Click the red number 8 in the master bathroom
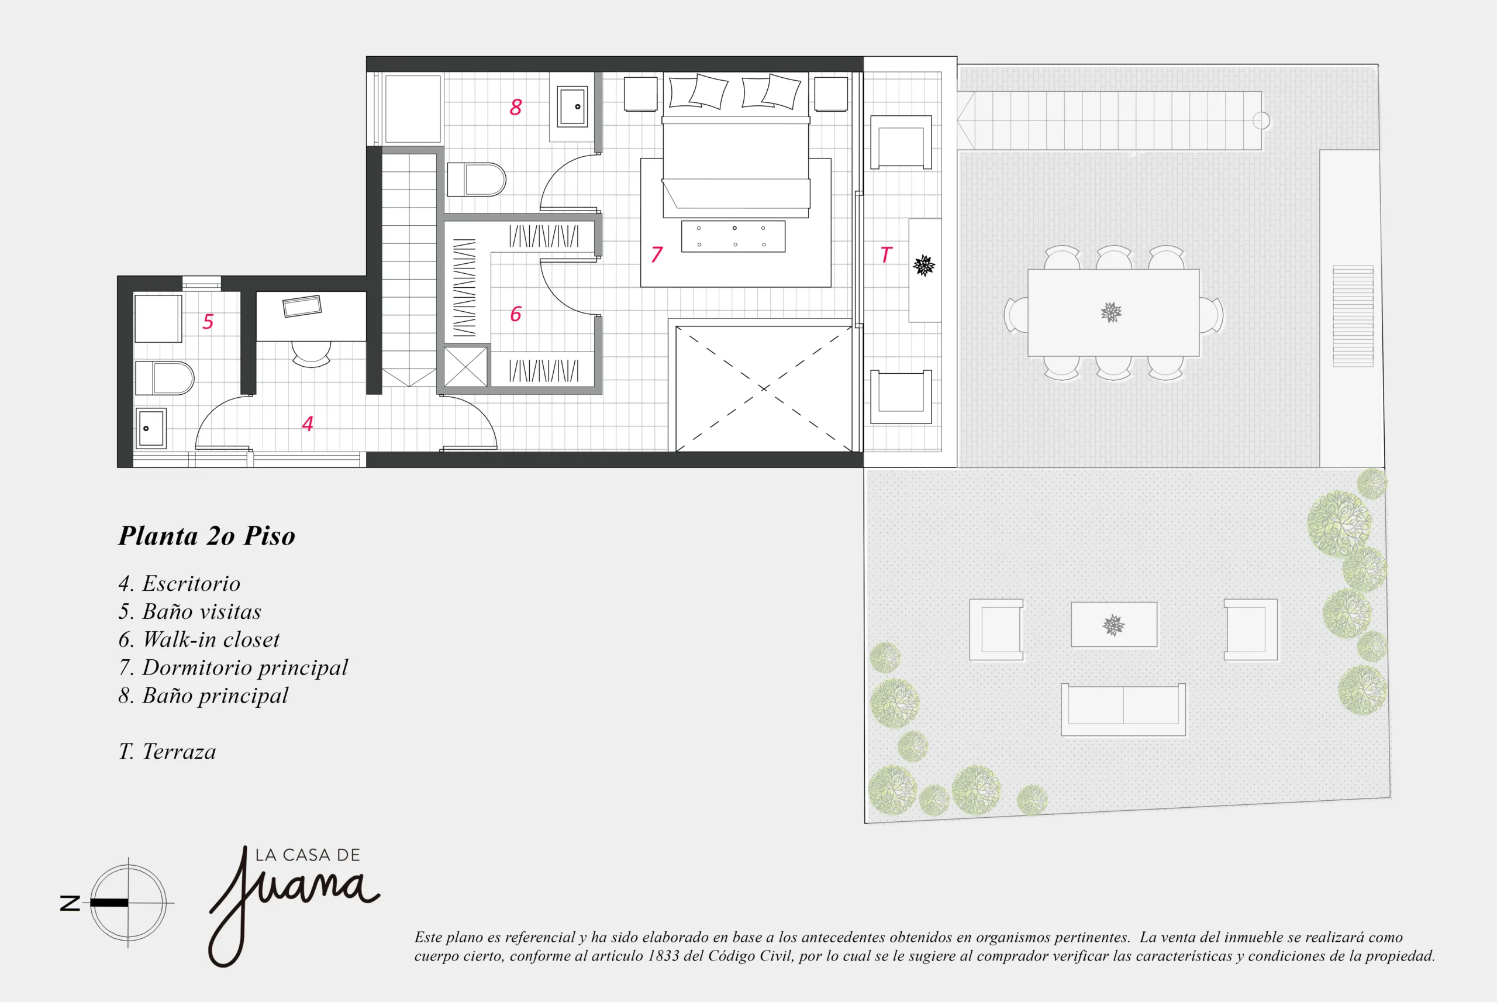515,106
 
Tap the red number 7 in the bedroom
657,254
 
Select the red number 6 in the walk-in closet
515,314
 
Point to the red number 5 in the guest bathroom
208,322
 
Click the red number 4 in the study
307,423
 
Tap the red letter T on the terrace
885,255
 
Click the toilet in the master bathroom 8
477,180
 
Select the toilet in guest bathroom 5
164,378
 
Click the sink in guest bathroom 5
151,428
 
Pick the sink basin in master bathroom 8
572,106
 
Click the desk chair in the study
311,354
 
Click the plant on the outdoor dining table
1111,312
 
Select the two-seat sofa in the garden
1123,710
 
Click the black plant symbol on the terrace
923,265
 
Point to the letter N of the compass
70,903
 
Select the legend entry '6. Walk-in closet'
199,639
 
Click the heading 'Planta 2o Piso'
207,535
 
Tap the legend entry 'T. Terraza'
167,751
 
